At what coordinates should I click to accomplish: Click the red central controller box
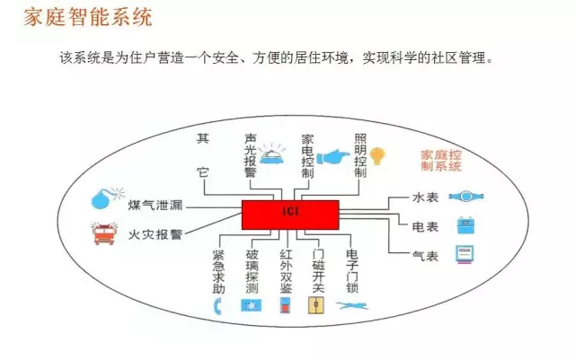tap(290, 215)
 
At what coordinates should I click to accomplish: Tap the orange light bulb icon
tap(377, 156)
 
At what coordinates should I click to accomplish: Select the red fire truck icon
tap(104, 233)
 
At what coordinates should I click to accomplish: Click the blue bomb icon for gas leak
tap(107, 198)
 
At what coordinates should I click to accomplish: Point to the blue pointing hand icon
tap(333, 157)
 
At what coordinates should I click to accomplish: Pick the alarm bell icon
tap(272, 154)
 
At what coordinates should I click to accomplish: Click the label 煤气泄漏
tap(155, 205)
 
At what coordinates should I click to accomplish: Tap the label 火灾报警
tap(155, 234)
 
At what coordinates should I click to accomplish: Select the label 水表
tap(425, 198)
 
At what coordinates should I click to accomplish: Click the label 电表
tap(425, 227)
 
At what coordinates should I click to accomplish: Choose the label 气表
tap(425, 256)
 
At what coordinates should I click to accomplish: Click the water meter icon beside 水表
tap(466, 197)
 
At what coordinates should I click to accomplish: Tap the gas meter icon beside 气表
tap(464, 254)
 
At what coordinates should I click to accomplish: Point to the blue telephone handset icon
tap(217, 306)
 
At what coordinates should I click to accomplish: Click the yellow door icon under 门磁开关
tap(315, 305)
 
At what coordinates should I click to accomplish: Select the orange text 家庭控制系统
tap(441, 161)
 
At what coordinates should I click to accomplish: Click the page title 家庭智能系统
tap(88, 18)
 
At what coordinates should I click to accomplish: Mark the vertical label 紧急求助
tap(218, 272)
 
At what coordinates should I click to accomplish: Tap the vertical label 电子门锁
tap(352, 272)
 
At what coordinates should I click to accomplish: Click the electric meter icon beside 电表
tap(465, 225)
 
